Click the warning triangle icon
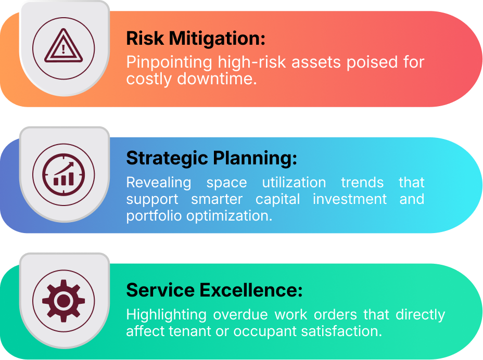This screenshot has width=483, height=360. (63, 46)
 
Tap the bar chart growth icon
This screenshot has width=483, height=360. (63, 175)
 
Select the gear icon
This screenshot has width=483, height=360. (63, 301)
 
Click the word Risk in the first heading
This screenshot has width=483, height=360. (145, 38)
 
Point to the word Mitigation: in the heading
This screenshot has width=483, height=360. (217, 38)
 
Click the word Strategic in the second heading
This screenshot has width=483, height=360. (167, 158)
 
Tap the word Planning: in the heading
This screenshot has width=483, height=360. (255, 158)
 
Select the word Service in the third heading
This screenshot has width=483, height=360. (160, 290)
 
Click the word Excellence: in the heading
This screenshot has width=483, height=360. (251, 290)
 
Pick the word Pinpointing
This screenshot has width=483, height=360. (170, 63)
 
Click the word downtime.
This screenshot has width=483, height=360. (217, 79)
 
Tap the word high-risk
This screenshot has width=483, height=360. (252, 62)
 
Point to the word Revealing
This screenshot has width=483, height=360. (159, 183)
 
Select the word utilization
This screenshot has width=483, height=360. (294, 182)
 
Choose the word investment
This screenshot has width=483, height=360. (350, 199)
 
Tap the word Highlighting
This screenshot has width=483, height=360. (167, 315)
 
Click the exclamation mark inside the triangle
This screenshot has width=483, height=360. (63, 49)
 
